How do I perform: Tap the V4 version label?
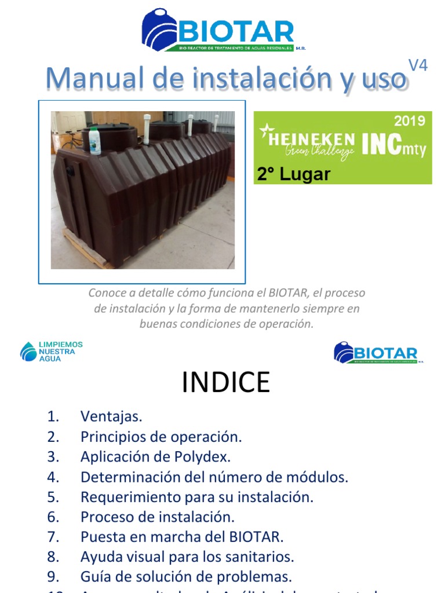tap(418, 66)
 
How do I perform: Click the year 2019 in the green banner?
tap(410, 121)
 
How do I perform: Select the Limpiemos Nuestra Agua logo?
tap(52, 351)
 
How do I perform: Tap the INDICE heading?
tap(225, 383)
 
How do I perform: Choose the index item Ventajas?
tap(111, 416)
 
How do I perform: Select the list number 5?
tap(53, 497)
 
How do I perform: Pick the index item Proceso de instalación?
tap(157, 517)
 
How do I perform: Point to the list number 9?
tap(53, 577)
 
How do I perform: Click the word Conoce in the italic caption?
tap(107, 293)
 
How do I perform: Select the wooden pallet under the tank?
tap(87, 250)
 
